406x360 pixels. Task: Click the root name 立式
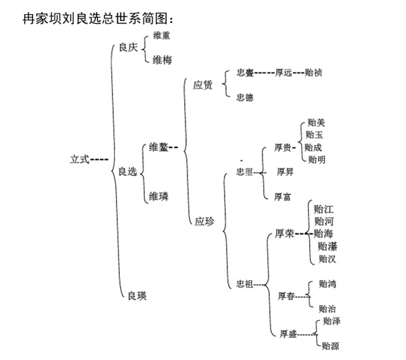[80, 160]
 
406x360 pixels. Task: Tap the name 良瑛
[137, 295]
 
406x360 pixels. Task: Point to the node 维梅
[162, 60]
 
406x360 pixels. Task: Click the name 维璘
[158, 197]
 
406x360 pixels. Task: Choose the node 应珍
[204, 221]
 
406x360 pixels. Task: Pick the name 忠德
[245, 97]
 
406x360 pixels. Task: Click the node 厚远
[284, 72]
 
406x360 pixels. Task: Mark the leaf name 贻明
[316, 160]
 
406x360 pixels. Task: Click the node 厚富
[282, 197]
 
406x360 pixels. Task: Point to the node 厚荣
[284, 234]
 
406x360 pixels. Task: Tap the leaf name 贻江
[324, 209]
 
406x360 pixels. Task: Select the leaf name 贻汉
[326, 258]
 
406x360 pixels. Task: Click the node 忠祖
[244, 283]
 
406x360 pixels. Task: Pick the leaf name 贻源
[330, 346]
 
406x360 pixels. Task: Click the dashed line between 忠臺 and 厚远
[264, 72]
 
